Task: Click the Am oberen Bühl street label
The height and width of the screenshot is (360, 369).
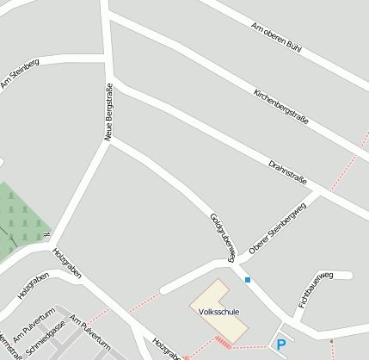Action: click(x=275, y=39)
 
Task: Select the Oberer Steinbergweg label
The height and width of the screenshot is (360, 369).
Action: click(x=277, y=229)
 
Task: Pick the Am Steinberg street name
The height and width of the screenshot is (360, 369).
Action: click(x=20, y=73)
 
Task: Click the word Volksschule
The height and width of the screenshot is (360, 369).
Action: click(x=218, y=311)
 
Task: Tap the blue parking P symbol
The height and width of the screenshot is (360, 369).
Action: click(x=280, y=344)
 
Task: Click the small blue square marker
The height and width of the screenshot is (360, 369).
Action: click(x=248, y=280)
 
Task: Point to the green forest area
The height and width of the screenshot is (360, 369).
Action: click(x=19, y=220)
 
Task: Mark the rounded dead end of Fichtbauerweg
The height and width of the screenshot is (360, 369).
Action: click(x=349, y=275)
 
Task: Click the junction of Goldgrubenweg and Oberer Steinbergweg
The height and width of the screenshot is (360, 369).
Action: click(x=231, y=259)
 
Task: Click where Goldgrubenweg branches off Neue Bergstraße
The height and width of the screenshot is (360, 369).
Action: click(x=108, y=140)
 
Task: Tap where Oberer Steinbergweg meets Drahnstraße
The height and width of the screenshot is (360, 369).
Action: click(x=323, y=191)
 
